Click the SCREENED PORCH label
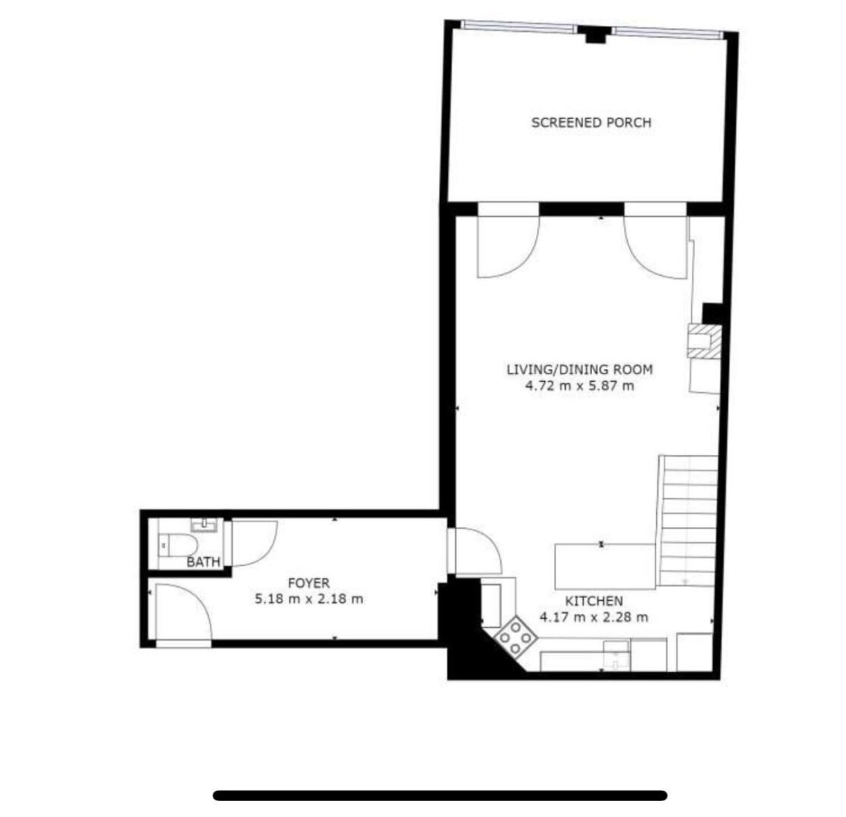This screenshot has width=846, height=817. click(x=591, y=122)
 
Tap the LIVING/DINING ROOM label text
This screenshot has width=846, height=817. click(x=580, y=370)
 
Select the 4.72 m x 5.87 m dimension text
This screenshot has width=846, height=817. click(x=580, y=385)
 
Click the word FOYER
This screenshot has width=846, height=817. click(x=309, y=582)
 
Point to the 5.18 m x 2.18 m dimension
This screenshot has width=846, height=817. click(x=309, y=599)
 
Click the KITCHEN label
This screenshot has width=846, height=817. click(x=594, y=601)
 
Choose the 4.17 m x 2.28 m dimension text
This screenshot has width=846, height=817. click(x=594, y=617)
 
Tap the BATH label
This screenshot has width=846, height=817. click(x=203, y=563)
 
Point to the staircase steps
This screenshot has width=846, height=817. click(x=687, y=520)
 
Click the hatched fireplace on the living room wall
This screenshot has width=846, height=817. click(x=705, y=341)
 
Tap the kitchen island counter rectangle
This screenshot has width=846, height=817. click(x=605, y=566)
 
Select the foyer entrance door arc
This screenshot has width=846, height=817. click(x=198, y=598)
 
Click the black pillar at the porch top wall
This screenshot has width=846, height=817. click(x=595, y=35)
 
